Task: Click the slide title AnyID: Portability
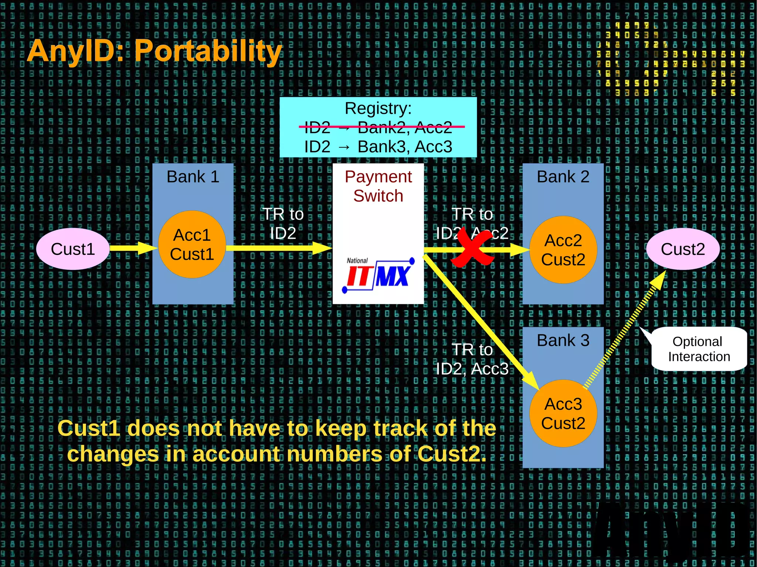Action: point(155,51)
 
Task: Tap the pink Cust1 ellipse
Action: point(73,249)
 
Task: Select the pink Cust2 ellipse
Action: point(682,249)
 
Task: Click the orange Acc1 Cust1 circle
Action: point(192,245)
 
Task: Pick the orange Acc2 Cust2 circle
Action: point(563,250)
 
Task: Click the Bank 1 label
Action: point(193,177)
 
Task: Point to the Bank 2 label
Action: point(563,177)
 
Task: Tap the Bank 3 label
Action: point(563,340)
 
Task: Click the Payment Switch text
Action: point(378,186)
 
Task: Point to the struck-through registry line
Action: point(378,127)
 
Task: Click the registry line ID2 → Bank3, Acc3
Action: point(378,147)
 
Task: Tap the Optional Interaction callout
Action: point(699,349)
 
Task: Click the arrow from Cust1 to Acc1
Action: point(133,248)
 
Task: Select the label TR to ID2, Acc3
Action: point(472,359)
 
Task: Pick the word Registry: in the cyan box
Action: point(378,108)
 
